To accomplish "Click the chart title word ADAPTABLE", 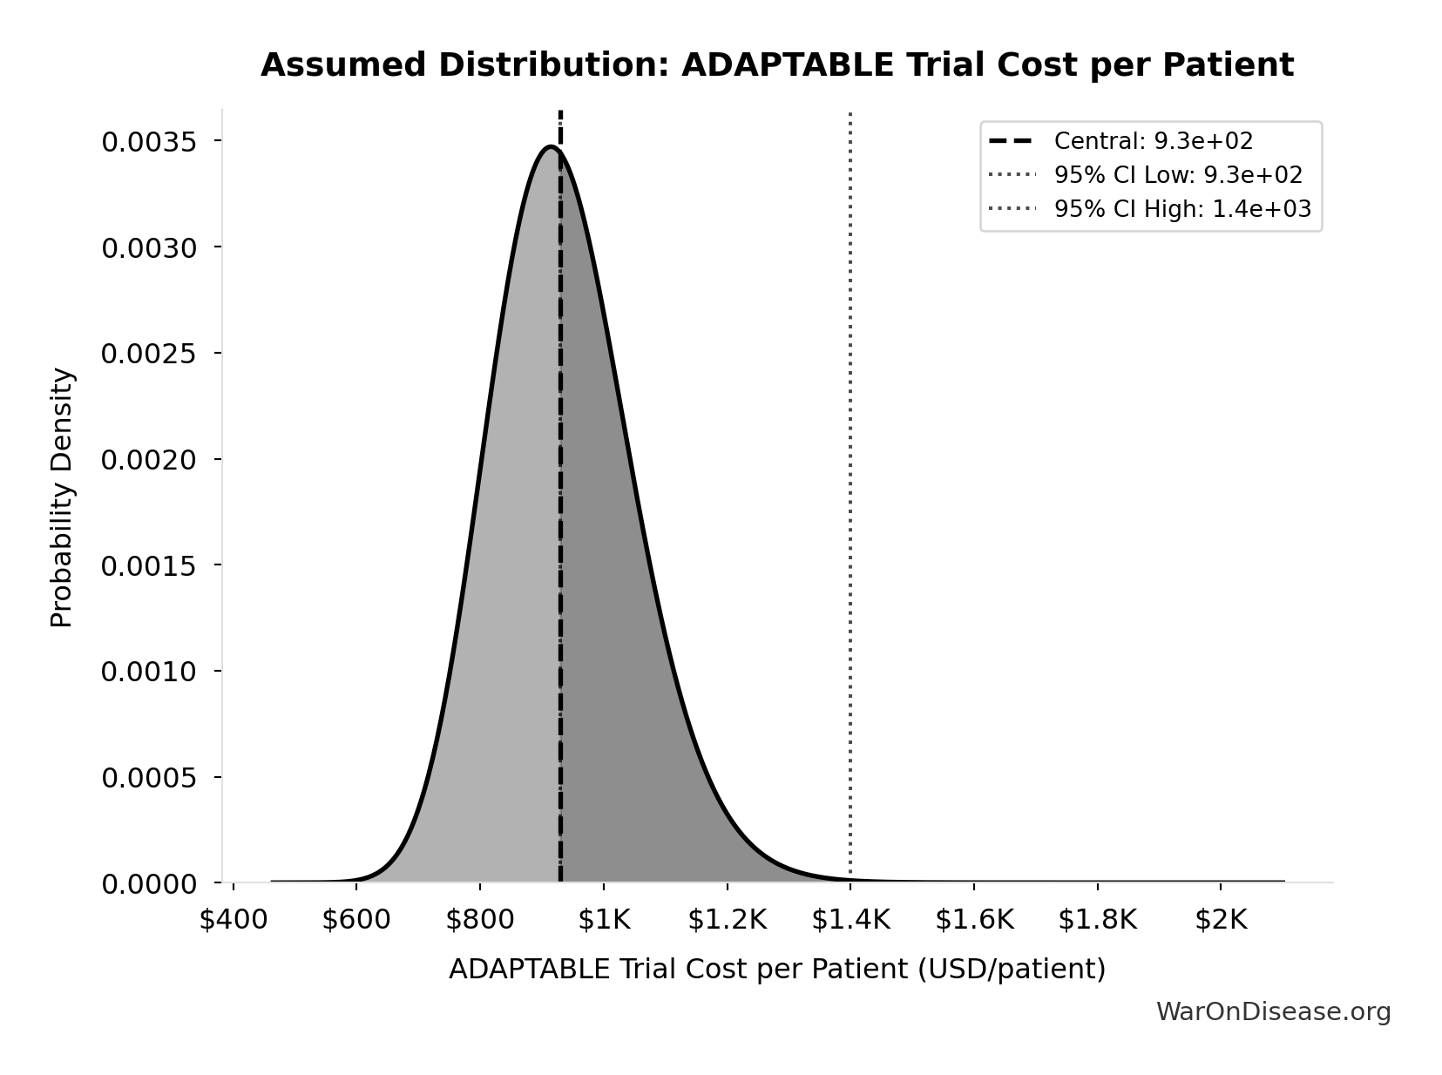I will pyautogui.click(x=787, y=65).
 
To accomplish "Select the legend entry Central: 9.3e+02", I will pyautogui.click(x=1153, y=141).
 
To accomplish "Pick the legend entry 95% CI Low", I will pyautogui.click(x=1178, y=175).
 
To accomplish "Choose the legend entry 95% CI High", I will pyautogui.click(x=1182, y=209).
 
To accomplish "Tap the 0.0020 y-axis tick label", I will pyautogui.click(x=148, y=459).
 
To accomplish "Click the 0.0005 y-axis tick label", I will pyautogui.click(x=148, y=777).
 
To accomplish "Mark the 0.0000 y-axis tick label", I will pyautogui.click(x=148, y=884).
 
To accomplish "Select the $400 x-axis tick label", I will pyautogui.click(x=233, y=920).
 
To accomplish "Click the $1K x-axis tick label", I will pyautogui.click(x=603, y=920).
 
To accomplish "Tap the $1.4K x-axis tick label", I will pyautogui.click(x=850, y=920).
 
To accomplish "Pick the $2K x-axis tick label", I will pyautogui.click(x=1221, y=920).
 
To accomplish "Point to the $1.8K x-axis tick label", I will pyautogui.click(x=1097, y=920).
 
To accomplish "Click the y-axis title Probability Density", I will pyautogui.click(x=62, y=497).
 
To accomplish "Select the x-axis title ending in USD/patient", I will pyautogui.click(x=776, y=969).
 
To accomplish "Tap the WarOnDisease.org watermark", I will pyautogui.click(x=1273, y=1011).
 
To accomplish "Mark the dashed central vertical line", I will pyautogui.click(x=560, y=523).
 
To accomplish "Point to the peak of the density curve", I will pyautogui.click(x=551, y=147).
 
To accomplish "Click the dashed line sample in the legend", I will pyautogui.click(x=1011, y=141).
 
